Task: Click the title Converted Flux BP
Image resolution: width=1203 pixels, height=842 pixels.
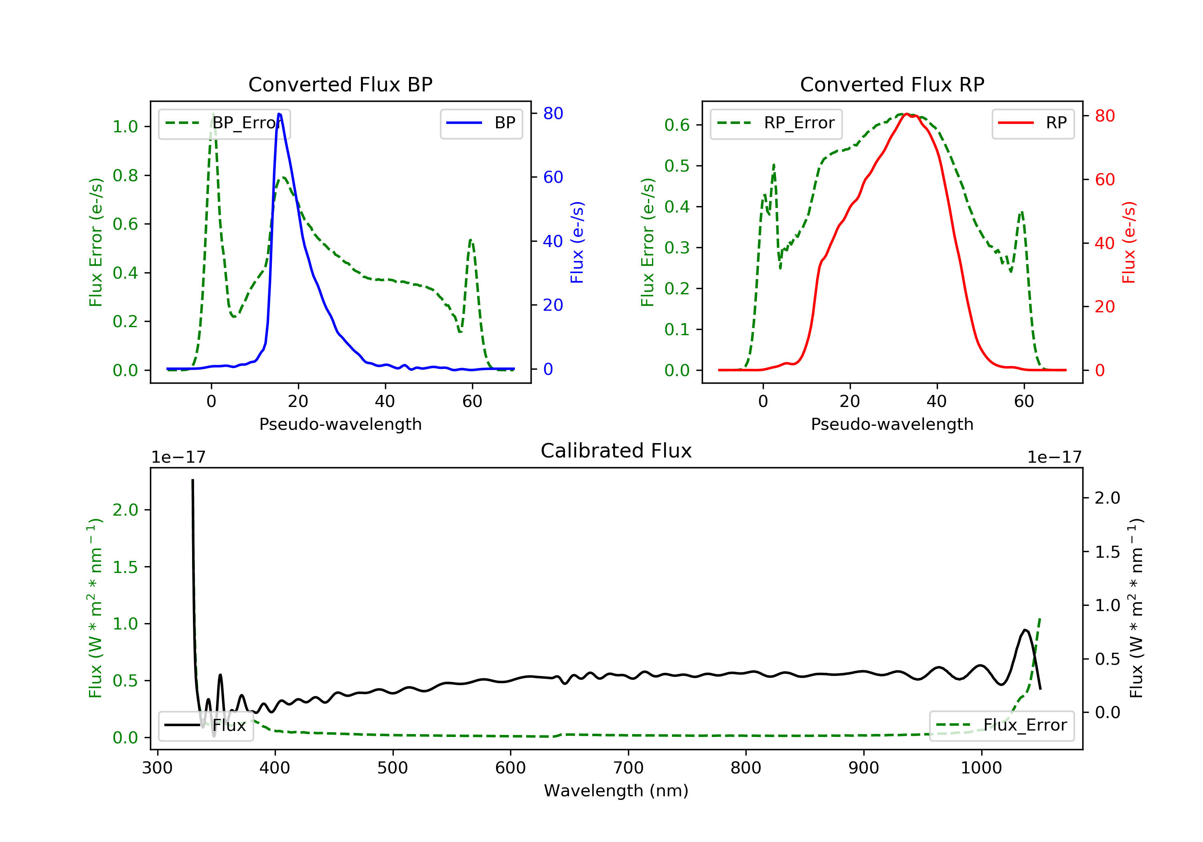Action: pos(340,84)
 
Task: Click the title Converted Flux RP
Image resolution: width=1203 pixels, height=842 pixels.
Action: pos(892,84)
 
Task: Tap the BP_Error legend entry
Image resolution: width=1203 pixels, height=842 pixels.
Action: pos(224,123)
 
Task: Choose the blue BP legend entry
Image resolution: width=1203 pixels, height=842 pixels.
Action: pos(481,123)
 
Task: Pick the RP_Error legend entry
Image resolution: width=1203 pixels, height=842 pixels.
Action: pos(776,123)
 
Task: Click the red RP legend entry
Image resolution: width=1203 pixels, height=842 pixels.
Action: pos(1033,123)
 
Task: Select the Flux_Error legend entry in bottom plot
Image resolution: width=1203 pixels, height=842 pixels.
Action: pos(1001,725)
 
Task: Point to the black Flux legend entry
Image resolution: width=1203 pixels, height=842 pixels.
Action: pos(205,725)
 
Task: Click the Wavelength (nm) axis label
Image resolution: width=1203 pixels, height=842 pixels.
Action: pos(616,791)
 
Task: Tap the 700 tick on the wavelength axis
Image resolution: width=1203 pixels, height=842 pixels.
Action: pos(628,768)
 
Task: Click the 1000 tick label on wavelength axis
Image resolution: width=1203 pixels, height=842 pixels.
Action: pos(981,768)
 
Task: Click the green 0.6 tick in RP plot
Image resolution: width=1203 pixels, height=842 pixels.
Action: pos(677,125)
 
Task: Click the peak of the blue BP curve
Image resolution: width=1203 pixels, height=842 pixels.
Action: pos(279,114)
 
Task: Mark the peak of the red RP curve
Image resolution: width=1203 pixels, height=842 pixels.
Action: pos(906,114)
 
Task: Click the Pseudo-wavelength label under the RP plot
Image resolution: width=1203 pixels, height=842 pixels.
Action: pos(892,424)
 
